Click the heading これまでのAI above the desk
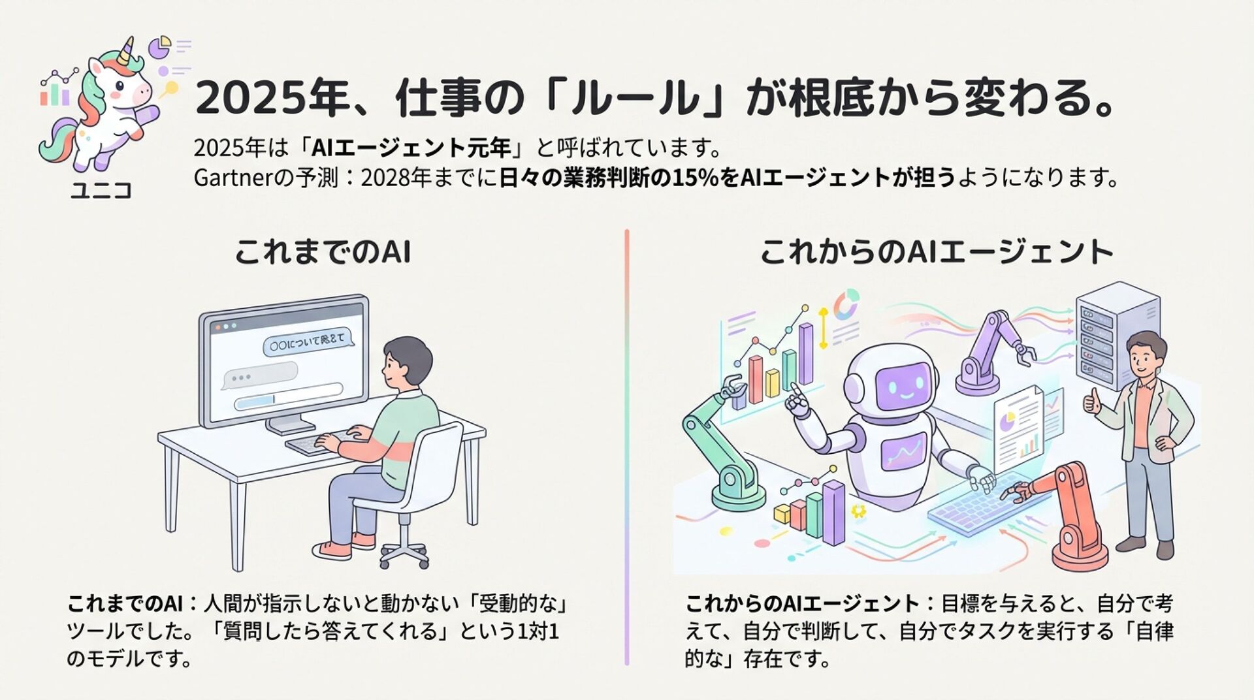323,252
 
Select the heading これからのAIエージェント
937,252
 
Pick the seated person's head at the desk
406,363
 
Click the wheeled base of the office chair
404,552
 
